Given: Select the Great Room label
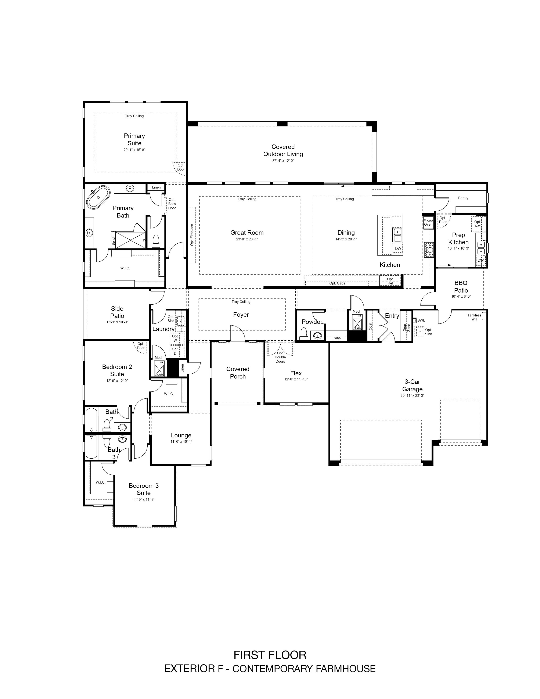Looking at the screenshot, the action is tap(247, 233).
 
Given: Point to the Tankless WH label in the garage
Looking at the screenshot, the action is tap(474, 317).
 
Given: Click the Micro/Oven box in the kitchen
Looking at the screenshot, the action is tap(428, 222).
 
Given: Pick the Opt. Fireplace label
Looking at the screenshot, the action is tap(192, 235).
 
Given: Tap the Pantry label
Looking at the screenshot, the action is tap(463, 198).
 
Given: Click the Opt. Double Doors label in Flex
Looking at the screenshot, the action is tap(280, 357).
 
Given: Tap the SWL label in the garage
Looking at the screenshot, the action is tap(421, 320).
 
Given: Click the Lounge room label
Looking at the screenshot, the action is tap(181, 435).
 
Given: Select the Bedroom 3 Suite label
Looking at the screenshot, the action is tap(144, 489).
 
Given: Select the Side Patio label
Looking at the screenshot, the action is tap(117, 312).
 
